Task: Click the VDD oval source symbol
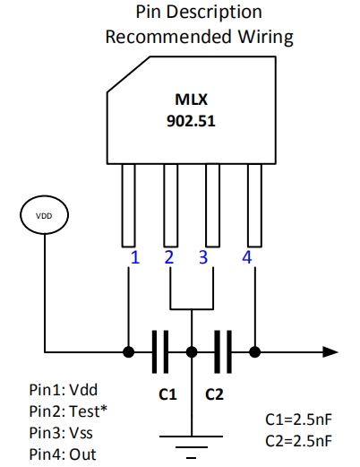click(42, 216)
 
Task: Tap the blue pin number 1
click(134, 258)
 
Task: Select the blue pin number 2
click(169, 258)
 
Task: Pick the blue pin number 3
click(203, 258)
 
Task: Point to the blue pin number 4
click(246, 258)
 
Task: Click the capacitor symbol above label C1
click(160, 350)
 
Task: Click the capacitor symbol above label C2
click(223, 350)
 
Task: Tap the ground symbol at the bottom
click(192, 443)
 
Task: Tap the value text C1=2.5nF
click(299, 419)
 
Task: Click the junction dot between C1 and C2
click(192, 350)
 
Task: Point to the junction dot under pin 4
click(256, 350)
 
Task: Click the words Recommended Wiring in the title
click(199, 37)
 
